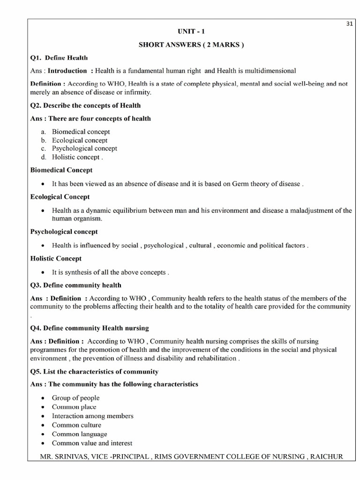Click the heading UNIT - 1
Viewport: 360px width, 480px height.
point(191,32)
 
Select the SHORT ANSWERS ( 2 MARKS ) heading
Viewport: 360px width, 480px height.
point(191,45)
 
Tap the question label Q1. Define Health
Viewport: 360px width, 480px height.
point(59,58)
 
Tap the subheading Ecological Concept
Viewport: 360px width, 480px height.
point(60,197)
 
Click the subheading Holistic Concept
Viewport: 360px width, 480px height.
point(56,258)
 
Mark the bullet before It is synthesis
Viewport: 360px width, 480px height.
point(43,272)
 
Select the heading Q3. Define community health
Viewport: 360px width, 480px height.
point(76,285)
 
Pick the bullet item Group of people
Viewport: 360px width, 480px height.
point(75,398)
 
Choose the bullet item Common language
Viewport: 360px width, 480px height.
point(79,434)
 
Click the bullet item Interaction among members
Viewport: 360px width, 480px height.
point(92,416)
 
